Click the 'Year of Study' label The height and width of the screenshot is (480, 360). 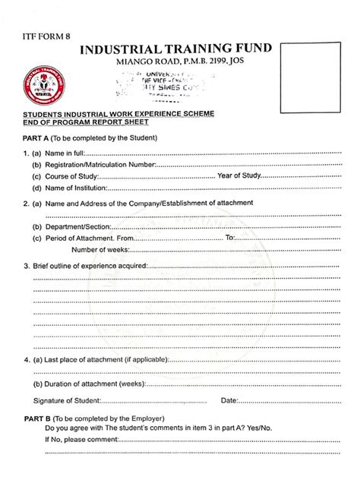pyautogui.click(x=240, y=176)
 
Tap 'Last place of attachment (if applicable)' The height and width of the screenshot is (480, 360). pyautogui.click(x=106, y=358)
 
